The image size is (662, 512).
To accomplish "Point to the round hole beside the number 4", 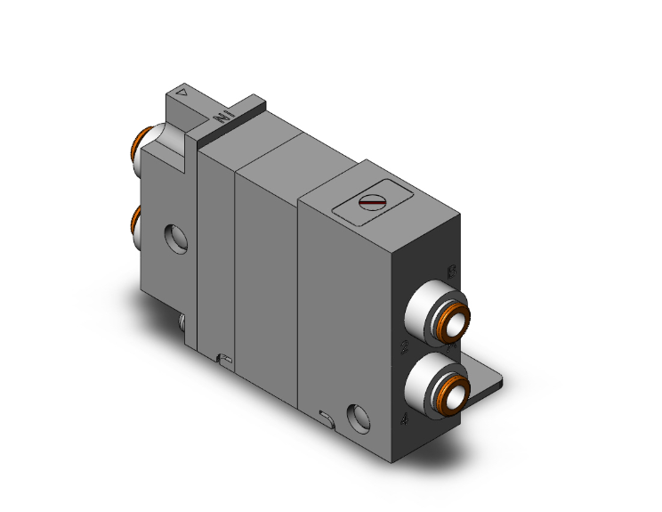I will [358, 415].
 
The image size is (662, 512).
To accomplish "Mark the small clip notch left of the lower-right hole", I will [324, 416].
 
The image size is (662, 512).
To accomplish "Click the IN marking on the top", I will [223, 117].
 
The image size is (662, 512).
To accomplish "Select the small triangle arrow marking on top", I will [182, 91].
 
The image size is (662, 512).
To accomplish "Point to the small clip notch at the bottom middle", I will [224, 359].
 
